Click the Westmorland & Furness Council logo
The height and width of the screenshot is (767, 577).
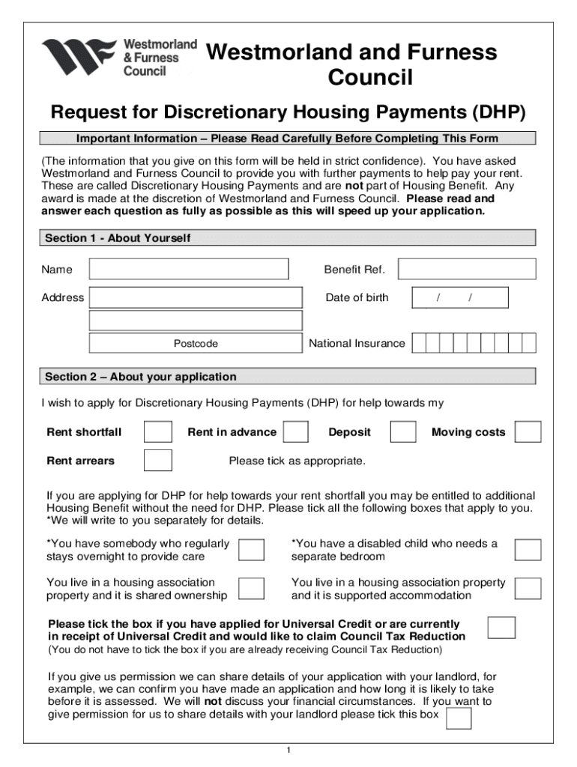click(118, 57)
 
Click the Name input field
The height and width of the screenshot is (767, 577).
click(188, 269)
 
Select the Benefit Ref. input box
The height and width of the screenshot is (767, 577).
click(466, 269)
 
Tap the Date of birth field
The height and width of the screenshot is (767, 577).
click(459, 297)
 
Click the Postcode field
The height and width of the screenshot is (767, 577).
click(196, 343)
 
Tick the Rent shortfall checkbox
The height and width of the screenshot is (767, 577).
click(157, 432)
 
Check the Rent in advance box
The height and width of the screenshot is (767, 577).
click(296, 432)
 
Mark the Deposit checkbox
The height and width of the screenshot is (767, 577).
click(403, 432)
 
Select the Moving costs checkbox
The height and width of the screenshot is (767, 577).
click(528, 432)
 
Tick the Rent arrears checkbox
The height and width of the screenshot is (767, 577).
click(157, 461)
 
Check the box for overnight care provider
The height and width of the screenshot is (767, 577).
click(250, 550)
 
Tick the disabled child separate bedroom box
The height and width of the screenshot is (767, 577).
click(528, 550)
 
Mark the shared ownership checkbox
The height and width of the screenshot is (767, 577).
click(250, 589)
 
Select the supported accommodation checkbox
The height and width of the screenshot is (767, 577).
click(528, 589)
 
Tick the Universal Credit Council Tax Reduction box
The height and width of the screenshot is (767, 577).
click(501, 628)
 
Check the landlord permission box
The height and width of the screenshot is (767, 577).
click(458, 718)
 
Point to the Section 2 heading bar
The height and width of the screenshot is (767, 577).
click(288, 376)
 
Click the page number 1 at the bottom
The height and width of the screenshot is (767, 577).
click(288, 751)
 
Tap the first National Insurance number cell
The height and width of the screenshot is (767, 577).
click(419, 343)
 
